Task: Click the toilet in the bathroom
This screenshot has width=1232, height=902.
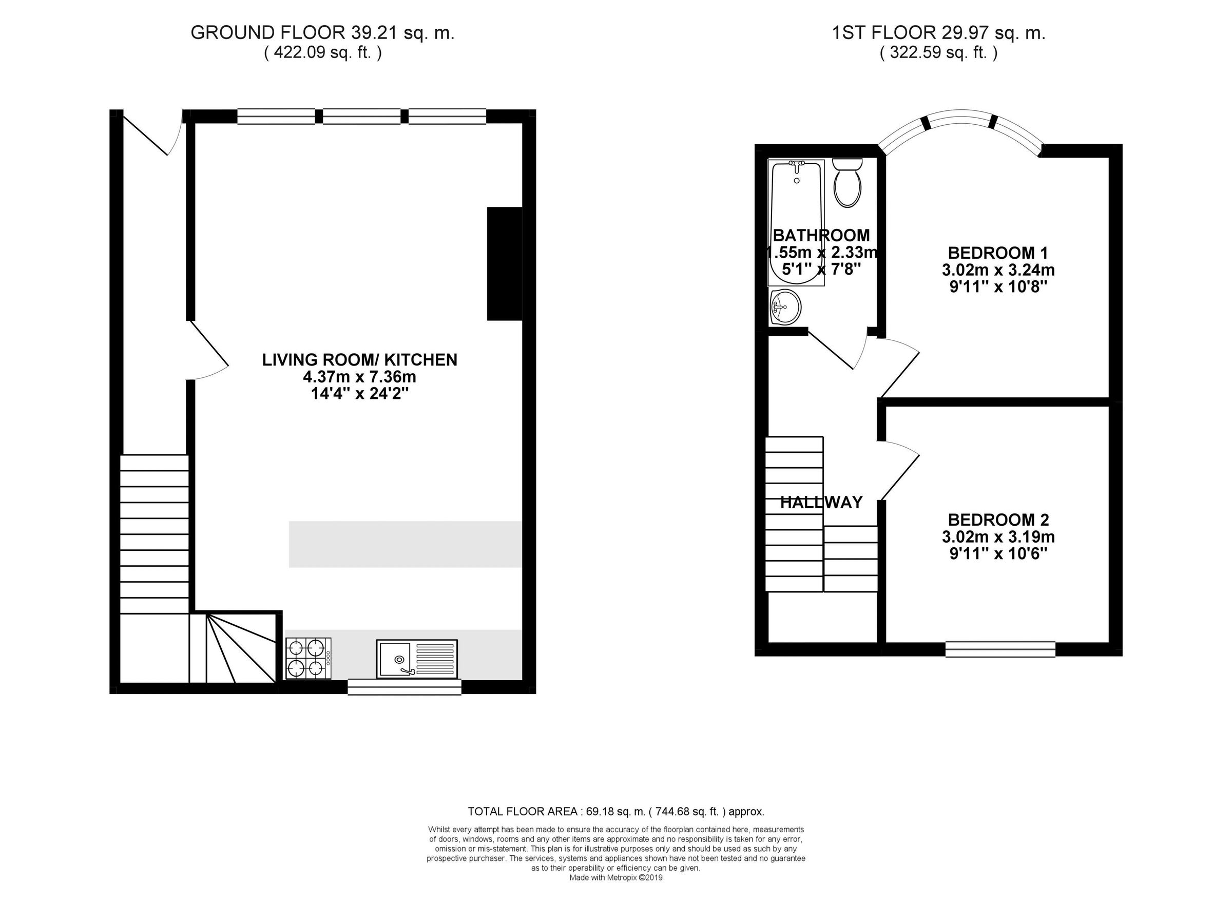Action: tap(847, 184)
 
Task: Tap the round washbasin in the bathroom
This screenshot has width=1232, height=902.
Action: tap(785, 307)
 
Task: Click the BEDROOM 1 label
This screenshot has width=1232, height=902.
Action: tap(998, 253)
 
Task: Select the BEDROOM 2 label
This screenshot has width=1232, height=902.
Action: tap(998, 519)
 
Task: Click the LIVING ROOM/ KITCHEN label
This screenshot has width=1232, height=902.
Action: tap(360, 360)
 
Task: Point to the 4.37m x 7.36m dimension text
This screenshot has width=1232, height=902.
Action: tap(360, 377)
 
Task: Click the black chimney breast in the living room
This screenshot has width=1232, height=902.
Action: tap(504, 263)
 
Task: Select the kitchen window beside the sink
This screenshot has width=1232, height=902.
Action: tap(404, 686)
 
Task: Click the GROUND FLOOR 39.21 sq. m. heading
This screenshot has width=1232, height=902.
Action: tap(322, 33)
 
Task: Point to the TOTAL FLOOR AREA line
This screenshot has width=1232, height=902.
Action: tap(615, 811)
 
